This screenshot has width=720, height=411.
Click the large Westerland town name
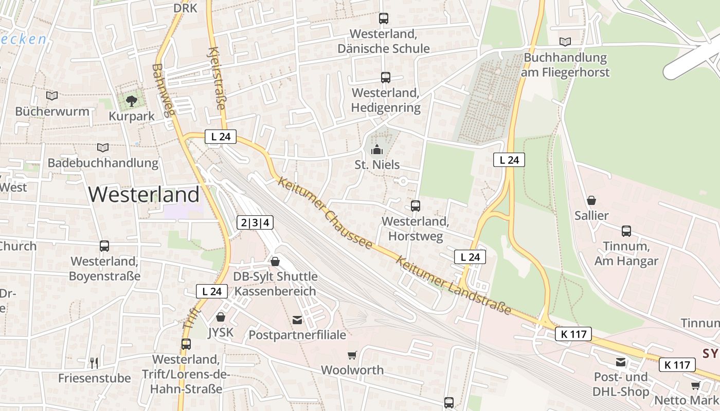pos(144,195)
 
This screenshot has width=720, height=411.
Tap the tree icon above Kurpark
pos(132,100)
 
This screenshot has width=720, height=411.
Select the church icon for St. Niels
pos(377,150)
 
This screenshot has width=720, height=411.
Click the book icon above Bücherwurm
pos(52,96)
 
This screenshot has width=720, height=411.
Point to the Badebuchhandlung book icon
pos(103,147)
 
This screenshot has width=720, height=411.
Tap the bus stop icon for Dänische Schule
pos(384,18)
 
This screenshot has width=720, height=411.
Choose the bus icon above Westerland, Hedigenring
pos(386,78)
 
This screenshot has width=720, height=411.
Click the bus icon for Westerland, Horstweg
pos(416,206)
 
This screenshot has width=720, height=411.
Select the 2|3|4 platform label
pos(255,222)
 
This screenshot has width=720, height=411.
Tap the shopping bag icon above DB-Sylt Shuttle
pos(275,261)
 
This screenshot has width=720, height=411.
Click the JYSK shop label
pos(221,332)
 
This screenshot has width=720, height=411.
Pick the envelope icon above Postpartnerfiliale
pos(297,320)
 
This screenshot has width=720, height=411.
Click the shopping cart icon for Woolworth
pos(352,355)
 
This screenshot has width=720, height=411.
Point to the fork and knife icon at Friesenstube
pos(94,363)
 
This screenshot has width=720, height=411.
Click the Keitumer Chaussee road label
pos(325,213)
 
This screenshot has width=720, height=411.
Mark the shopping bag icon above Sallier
pos(591,200)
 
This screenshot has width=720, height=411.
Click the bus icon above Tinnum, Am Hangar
pos(626,231)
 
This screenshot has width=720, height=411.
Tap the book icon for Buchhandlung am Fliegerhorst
pos(565,42)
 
